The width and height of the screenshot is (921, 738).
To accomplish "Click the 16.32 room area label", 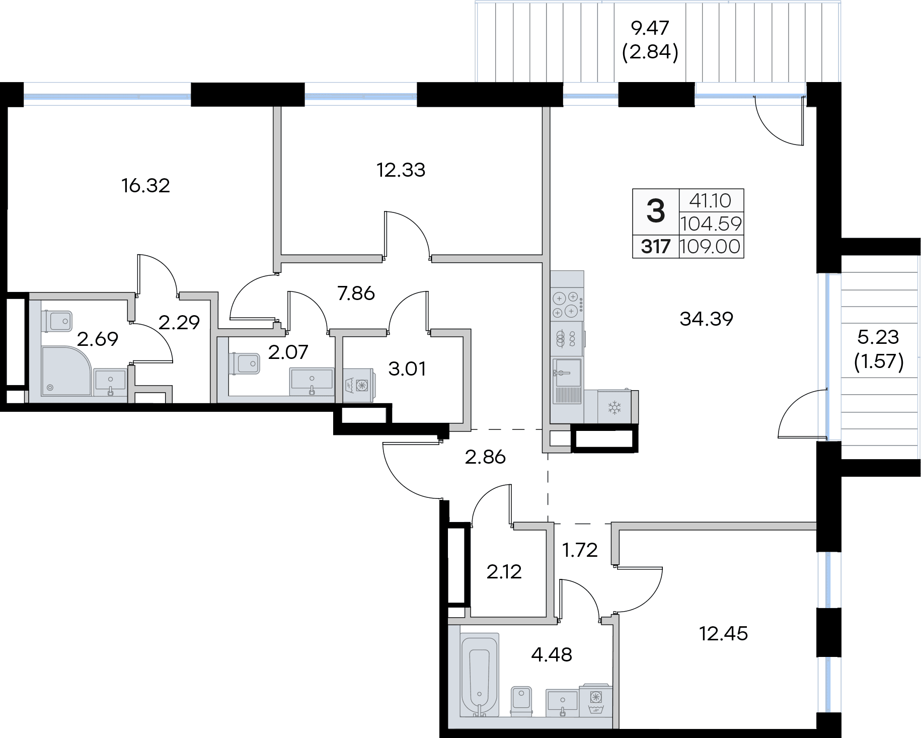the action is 145,186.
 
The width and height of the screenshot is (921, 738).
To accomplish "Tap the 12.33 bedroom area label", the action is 401,170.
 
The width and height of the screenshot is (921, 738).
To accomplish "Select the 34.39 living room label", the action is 706,319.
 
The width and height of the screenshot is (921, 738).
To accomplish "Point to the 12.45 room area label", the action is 723,633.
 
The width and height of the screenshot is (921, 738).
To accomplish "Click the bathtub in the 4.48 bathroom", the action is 480,675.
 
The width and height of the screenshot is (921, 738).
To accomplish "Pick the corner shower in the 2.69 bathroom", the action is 67,371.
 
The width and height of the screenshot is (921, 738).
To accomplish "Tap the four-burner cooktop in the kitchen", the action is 568,305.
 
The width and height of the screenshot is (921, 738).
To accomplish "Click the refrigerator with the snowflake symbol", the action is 615,407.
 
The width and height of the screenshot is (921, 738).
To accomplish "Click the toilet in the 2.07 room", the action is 244,363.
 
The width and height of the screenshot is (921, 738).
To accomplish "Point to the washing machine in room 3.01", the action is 358,386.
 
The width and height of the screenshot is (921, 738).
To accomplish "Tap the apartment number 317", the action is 655,247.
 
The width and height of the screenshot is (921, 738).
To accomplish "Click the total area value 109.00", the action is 710,247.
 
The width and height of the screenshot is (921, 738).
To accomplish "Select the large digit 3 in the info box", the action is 655,211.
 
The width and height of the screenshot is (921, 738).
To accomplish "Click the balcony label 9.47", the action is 650,28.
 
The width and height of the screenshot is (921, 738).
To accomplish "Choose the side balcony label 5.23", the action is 878,337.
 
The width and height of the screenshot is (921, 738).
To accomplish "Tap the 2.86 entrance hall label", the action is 485,457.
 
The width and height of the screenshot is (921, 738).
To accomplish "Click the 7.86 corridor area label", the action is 356,293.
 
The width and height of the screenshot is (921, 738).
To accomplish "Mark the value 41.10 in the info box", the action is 710,201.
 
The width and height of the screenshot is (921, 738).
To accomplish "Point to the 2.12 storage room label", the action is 504,572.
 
